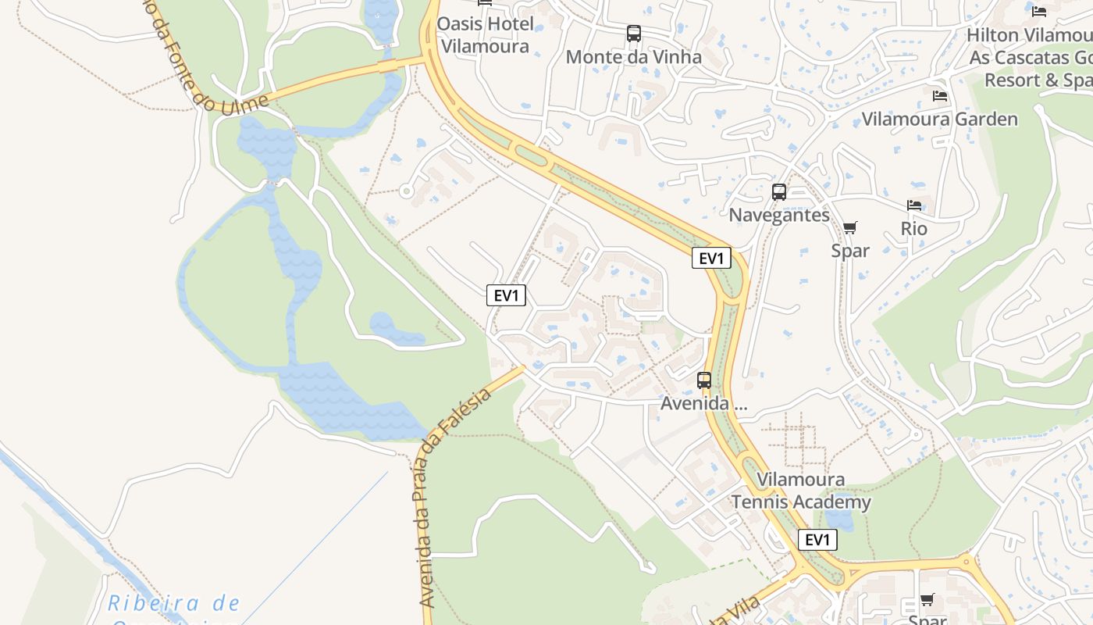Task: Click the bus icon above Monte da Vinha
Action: point(633,34)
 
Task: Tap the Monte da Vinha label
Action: point(633,57)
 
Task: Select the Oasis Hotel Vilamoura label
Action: point(485,35)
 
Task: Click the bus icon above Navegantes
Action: point(778,192)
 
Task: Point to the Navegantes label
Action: point(778,216)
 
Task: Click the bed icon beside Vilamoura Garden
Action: point(940,95)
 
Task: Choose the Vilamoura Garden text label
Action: point(939,120)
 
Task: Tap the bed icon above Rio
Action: point(914,205)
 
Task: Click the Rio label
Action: point(914,229)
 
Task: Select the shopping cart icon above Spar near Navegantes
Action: point(849,227)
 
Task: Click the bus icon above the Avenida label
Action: point(704,380)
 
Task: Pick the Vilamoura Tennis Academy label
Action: point(801,491)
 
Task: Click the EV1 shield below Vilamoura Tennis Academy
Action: point(817,540)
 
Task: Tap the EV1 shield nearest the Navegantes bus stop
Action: point(711,259)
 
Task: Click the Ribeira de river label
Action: point(174,604)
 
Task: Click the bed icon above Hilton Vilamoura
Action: point(1038,11)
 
